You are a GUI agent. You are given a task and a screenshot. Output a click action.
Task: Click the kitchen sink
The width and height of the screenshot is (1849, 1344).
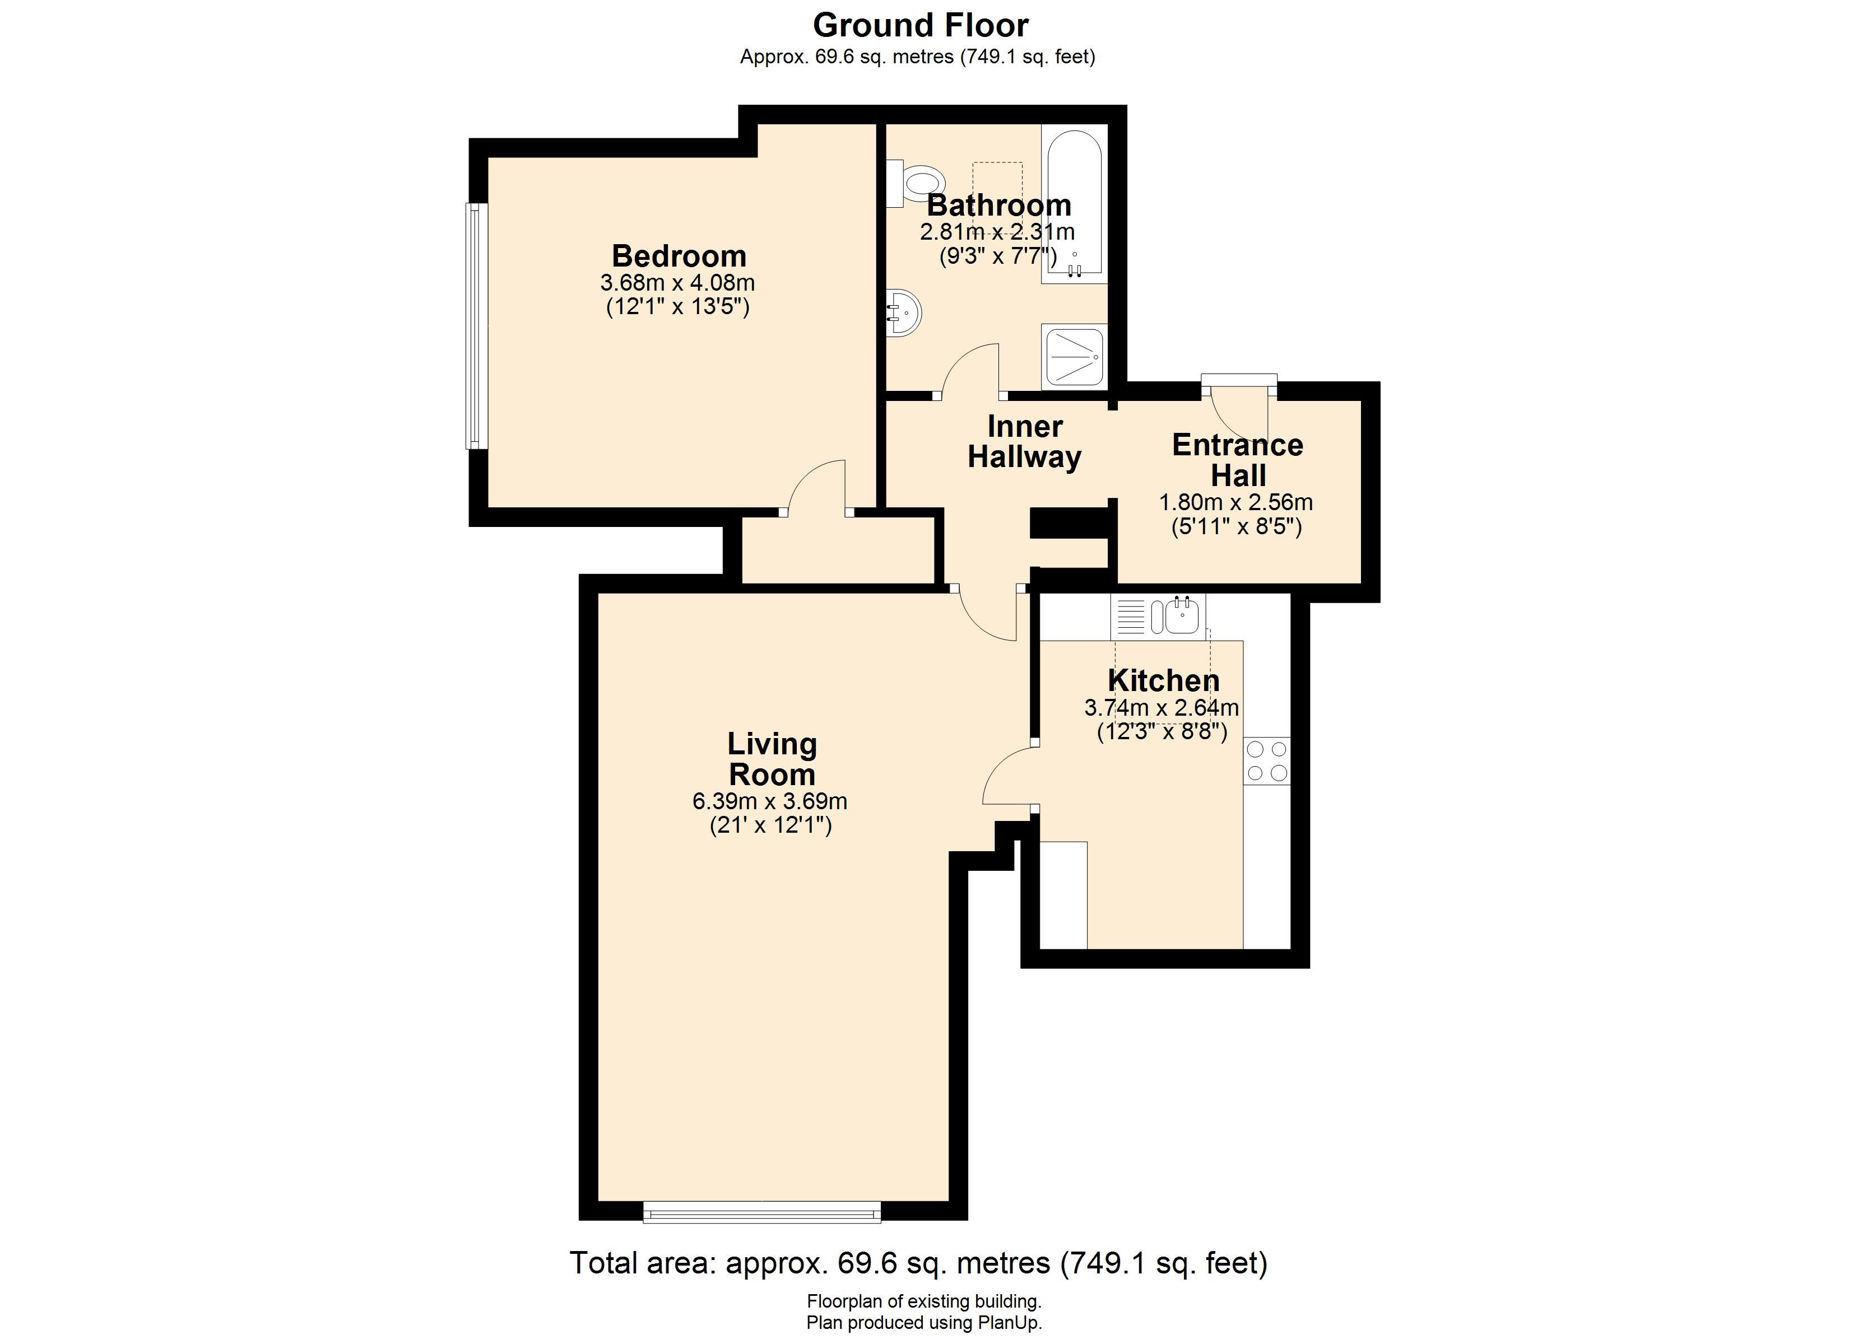(1158, 615)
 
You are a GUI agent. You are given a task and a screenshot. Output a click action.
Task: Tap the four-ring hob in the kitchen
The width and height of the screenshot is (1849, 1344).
(1267, 760)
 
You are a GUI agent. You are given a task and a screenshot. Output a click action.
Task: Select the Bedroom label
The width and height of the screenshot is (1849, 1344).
(679, 256)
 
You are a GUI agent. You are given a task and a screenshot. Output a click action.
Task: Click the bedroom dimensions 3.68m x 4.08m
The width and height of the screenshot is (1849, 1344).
(677, 283)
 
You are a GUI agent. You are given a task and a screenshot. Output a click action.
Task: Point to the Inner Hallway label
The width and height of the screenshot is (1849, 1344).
(1025, 442)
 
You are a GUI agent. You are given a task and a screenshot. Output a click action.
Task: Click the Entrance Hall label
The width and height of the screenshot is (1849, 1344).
(1238, 460)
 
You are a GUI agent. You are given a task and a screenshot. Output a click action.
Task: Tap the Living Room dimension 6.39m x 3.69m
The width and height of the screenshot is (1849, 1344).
(770, 801)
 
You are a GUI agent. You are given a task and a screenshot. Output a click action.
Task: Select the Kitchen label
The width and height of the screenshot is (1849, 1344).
(1163, 680)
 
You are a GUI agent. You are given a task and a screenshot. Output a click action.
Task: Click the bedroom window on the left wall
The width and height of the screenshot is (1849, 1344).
(476, 325)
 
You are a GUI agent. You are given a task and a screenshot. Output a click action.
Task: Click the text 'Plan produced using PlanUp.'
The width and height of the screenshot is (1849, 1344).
(924, 1323)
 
